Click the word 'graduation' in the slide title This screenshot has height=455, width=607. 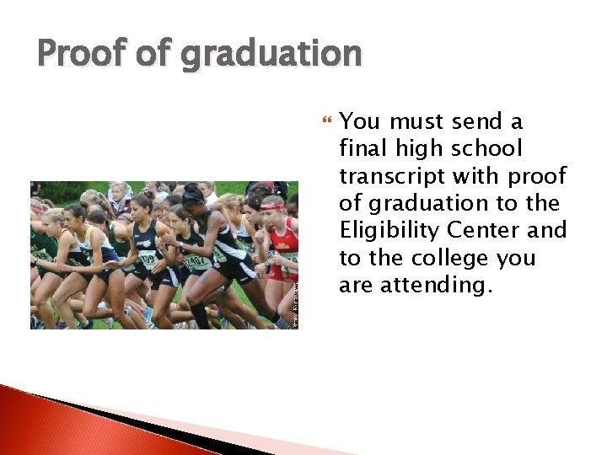271,56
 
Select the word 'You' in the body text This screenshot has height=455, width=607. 360,122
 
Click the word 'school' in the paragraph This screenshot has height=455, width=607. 486,149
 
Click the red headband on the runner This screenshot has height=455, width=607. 271,206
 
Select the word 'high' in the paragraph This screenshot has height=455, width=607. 415,149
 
